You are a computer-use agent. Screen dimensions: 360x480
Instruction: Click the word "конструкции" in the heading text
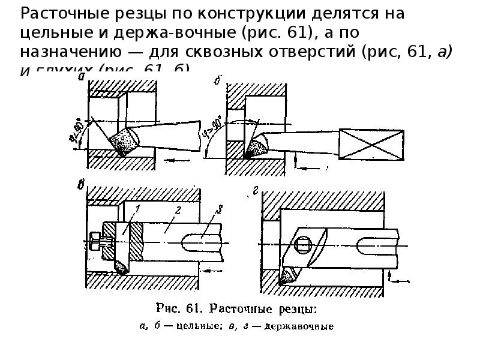(210, 13)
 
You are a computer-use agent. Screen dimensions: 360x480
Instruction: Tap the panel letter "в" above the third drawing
(82, 184)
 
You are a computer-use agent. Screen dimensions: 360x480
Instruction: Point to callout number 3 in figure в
(220, 209)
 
